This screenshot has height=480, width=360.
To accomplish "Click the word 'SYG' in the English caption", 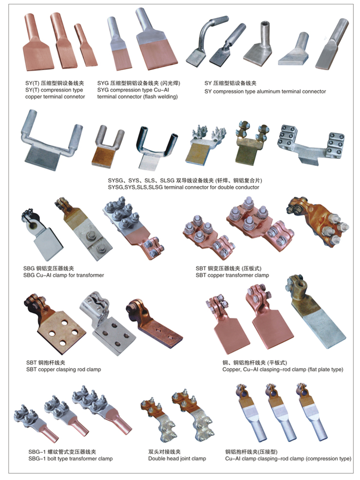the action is pyautogui.click(x=103, y=90).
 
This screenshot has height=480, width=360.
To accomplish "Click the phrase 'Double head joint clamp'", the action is pyautogui.click(x=177, y=459).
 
